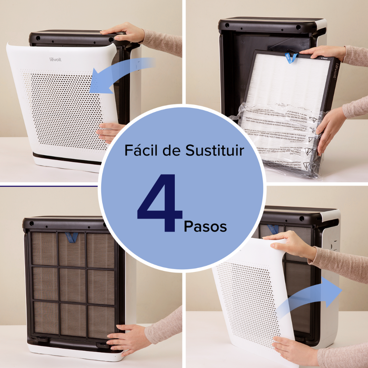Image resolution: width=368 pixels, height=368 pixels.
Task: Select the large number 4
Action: [x=160, y=204]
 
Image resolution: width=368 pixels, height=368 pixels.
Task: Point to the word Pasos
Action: [x=205, y=226]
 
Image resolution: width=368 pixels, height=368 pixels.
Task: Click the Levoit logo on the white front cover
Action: [x=56, y=59]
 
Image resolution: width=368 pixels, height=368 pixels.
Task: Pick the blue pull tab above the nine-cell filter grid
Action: [x=71, y=237]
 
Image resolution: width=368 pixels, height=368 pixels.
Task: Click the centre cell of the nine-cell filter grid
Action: [x=72, y=284]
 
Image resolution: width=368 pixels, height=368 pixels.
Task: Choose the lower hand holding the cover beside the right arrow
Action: [x=294, y=350]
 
